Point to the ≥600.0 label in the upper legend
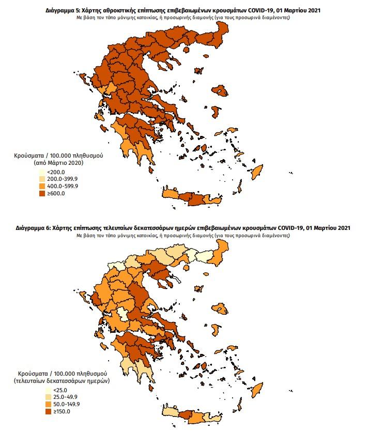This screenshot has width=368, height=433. point(56,194)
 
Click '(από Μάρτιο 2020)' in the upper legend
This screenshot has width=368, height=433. point(58,162)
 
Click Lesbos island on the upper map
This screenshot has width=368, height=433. point(221,90)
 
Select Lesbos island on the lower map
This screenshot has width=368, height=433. point(223,308)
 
